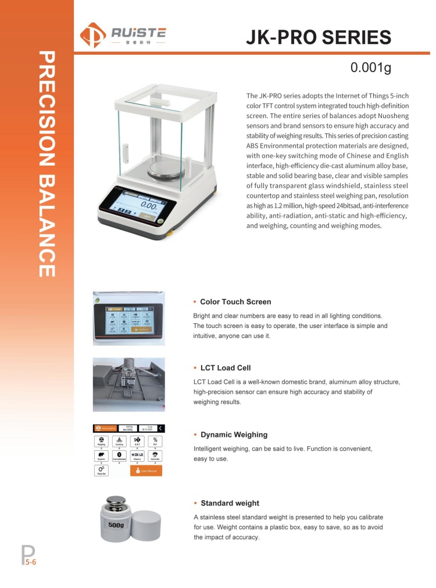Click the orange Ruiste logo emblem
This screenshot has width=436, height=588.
(x=93, y=34)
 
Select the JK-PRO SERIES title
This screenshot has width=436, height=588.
(x=318, y=37)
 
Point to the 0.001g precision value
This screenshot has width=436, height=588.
(x=371, y=67)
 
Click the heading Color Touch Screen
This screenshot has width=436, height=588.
(x=235, y=302)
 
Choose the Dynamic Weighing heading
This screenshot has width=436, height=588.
(x=234, y=434)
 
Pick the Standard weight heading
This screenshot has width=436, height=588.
(x=230, y=503)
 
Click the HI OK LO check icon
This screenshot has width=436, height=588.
(x=137, y=455)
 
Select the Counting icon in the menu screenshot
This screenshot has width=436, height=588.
(x=119, y=440)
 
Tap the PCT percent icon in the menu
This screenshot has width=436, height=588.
(x=155, y=440)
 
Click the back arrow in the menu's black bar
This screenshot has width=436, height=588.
(x=160, y=429)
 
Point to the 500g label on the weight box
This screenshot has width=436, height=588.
(x=116, y=525)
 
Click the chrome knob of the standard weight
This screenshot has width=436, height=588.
(x=117, y=502)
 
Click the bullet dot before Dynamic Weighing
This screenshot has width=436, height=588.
(x=195, y=435)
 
